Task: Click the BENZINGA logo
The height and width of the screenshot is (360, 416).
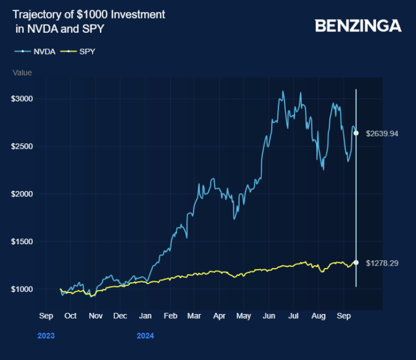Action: (357, 26)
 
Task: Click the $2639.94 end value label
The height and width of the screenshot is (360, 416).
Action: (381, 134)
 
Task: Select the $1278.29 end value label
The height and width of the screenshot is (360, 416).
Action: (381, 263)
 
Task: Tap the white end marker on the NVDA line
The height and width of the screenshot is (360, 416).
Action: (356, 133)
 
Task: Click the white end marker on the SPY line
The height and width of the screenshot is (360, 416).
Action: (356, 262)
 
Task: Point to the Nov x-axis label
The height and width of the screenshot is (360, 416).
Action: (95, 315)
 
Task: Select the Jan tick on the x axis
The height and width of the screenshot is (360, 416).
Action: (145, 315)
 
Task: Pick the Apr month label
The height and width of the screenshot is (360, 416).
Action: (219, 315)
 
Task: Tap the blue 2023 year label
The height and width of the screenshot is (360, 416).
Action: (46, 336)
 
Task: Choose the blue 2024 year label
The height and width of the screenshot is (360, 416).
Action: (145, 336)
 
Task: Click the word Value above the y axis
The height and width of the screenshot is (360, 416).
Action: (22, 73)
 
